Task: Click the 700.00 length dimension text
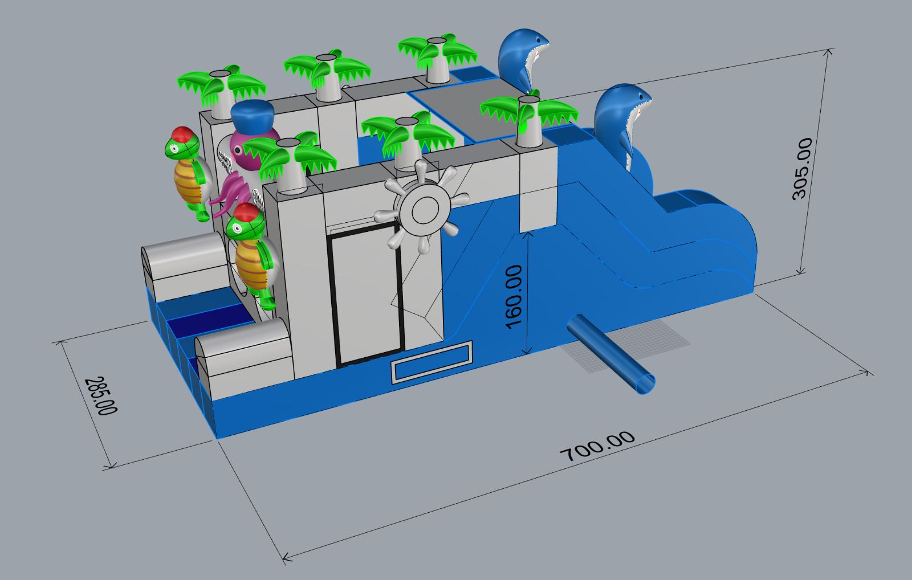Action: (x=597, y=446)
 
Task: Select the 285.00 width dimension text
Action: (x=101, y=395)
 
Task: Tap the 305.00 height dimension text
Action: (x=803, y=169)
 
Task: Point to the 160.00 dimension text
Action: (x=514, y=297)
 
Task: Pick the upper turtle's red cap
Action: (x=182, y=133)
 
